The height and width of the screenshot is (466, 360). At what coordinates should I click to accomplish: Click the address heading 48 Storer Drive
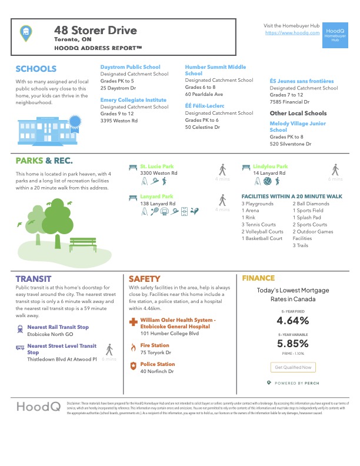(x=95, y=30)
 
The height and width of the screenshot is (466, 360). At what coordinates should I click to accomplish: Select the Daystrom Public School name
(x=130, y=67)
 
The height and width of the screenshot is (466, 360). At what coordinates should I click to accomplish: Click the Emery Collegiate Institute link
(x=133, y=100)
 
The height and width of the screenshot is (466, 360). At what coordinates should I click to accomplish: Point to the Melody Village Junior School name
(x=298, y=127)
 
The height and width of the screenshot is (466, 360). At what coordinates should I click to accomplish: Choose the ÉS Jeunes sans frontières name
(x=301, y=81)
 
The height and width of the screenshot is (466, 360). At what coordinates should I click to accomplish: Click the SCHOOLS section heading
(x=36, y=69)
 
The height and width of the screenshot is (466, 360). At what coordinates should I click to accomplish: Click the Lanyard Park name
(x=156, y=196)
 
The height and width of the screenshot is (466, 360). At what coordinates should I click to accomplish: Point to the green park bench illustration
(x=86, y=243)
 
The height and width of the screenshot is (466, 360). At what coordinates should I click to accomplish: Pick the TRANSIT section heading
(x=34, y=278)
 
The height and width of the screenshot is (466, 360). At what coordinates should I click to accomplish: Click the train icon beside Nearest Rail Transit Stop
(x=21, y=329)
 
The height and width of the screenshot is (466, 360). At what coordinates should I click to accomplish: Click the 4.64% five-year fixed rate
(x=292, y=321)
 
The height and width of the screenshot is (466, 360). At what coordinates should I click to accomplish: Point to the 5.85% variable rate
(x=292, y=344)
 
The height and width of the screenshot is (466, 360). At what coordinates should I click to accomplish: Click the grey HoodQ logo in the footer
(x=36, y=407)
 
